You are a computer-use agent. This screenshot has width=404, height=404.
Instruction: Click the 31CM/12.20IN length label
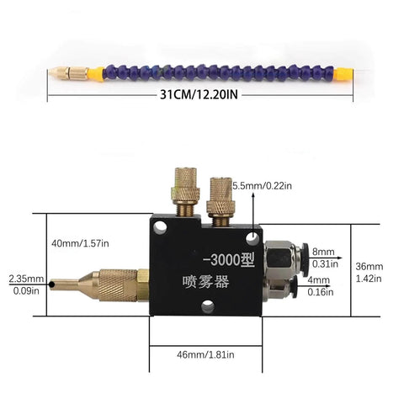tap(199, 94)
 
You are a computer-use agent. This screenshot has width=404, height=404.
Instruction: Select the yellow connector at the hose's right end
tap(343, 73)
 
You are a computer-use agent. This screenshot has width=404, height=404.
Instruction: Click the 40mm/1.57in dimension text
tap(80, 243)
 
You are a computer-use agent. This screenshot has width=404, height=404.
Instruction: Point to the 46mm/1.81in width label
tap(205, 355)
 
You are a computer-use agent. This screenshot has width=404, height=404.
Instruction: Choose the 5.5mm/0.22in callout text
tap(262, 186)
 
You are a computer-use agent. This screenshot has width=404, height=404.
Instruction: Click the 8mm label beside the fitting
tap(323, 252)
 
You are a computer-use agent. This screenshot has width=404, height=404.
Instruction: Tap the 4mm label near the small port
tap(319, 280)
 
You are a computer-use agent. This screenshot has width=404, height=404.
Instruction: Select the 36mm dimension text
tap(369, 266)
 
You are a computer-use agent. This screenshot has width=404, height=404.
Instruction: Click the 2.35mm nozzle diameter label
tap(26, 279)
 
